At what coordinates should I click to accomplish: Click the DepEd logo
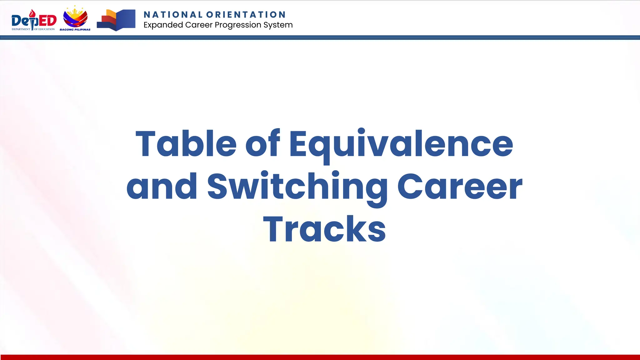click(x=34, y=20)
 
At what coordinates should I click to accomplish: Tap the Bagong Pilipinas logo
click(x=75, y=18)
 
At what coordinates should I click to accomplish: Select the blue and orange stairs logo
click(x=116, y=20)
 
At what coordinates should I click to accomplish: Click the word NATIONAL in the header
click(x=173, y=15)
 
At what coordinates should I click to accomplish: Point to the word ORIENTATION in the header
click(x=246, y=15)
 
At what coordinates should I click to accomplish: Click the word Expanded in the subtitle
click(x=163, y=25)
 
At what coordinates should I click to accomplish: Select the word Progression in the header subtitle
click(x=238, y=25)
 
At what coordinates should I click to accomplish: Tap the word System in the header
click(x=278, y=25)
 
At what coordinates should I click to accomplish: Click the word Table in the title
click(x=186, y=144)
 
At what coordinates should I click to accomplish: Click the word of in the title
click(x=262, y=144)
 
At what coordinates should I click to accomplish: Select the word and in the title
click(x=162, y=187)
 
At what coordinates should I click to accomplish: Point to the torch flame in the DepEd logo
click(x=32, y=13)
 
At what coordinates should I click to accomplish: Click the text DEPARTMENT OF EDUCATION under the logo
click(x=33, y=29)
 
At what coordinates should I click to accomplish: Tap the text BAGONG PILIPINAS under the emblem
click(x=75, y=30)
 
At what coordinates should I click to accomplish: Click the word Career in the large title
click(x=460, y=187)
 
